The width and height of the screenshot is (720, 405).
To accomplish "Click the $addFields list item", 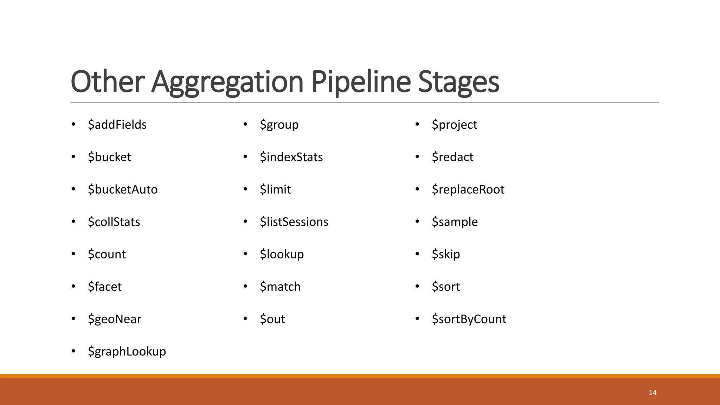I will tap(117, 125).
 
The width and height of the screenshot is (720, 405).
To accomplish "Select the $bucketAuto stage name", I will tap(123, 189).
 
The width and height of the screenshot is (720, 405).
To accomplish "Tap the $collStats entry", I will tap(114, 222).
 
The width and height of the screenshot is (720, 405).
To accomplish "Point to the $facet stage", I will tap(105, 287).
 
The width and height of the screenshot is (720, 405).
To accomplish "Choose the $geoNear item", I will tap(115, 319).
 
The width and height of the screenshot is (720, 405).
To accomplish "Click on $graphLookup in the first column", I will tap(127, 352).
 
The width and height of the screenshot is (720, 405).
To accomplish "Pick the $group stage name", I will tap(279, 125).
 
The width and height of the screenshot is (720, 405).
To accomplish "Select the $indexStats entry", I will tap(291, 157).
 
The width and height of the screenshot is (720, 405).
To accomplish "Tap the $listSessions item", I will tap(294, 222).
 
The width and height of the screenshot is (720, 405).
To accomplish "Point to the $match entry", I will tap(280, 287).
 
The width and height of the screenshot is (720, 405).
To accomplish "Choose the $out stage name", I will tap(272, 319).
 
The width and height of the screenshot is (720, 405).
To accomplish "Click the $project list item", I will tap(454, 125).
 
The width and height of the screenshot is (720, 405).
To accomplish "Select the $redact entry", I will tap(452, 157).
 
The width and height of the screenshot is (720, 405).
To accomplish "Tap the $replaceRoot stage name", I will tap(468, 189).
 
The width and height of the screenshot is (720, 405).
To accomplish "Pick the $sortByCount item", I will tap(469, 319).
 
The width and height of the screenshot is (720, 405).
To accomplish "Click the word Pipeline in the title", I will tap(361, 82).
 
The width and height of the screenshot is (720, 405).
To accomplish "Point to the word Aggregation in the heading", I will tap(227, 82).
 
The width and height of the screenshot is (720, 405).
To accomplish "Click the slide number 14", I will tap(652, 393).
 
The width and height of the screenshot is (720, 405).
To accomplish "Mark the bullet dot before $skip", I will tap(417, 254).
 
